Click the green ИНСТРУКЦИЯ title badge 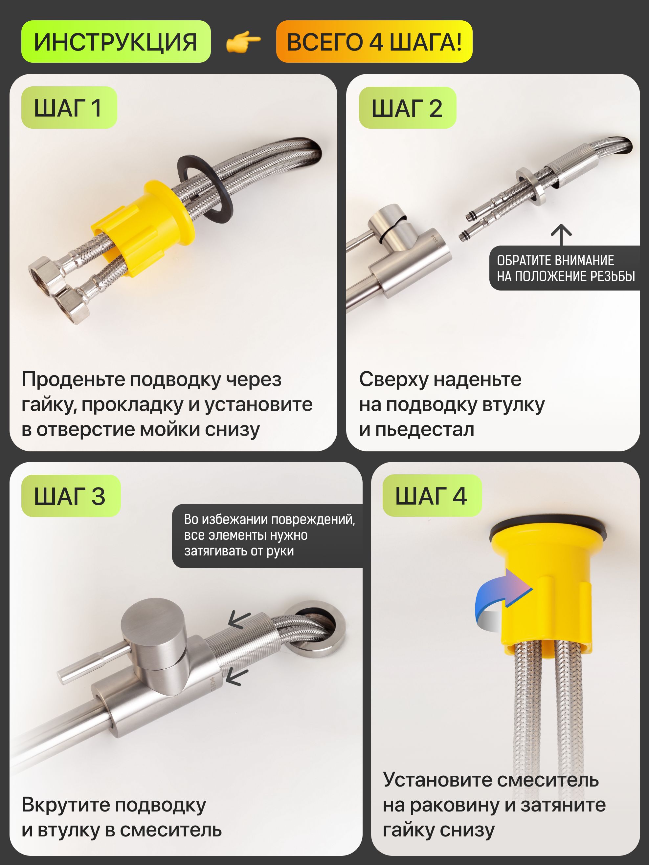tap(116, 41)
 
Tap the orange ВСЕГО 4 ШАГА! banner tap(374, 41)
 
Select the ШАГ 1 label tap(69, 108)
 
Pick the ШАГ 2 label tap(407, 108)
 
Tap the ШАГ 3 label tap(71, 496)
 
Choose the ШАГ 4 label tap(432, 495)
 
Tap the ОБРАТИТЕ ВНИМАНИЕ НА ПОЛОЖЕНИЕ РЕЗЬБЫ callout tap(565, 268)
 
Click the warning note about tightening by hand tap(268, 536)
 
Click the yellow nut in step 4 tap(542, 591)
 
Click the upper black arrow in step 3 tap(239, 619)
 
